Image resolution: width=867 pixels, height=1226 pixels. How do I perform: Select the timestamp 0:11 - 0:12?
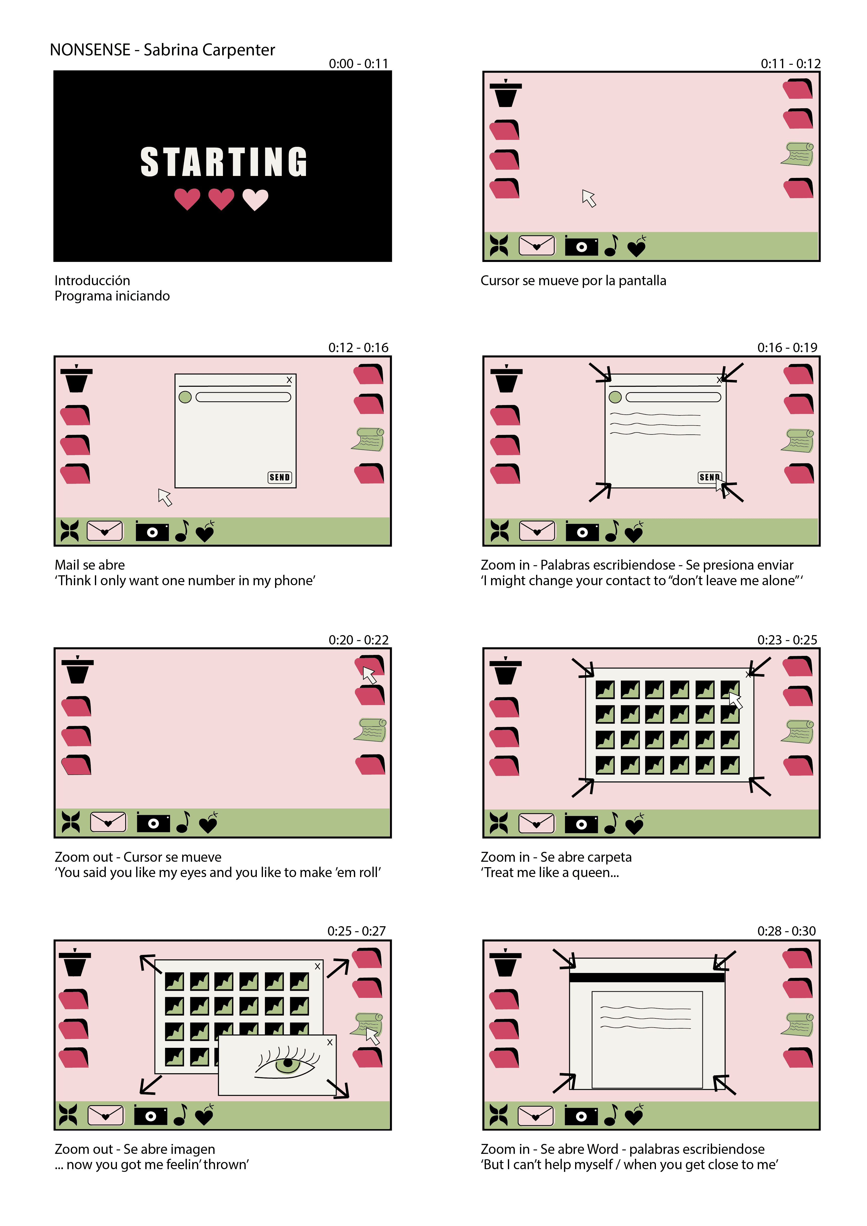coord(791,64)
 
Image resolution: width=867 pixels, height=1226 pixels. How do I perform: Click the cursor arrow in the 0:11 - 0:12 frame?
coord(589,198)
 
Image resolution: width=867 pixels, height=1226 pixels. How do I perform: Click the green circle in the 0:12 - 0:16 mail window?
coord(185,397)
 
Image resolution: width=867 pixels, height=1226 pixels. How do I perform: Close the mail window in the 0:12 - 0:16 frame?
coord(289,380)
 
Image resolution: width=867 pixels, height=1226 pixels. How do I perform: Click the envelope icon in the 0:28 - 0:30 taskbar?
coord(536,1116)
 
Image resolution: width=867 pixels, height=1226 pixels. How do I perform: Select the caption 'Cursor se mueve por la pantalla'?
coord(573,281)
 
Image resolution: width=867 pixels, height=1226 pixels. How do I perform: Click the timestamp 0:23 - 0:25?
coord(787,640)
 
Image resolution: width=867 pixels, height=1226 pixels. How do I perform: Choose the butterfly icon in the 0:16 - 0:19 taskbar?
coord(500,531)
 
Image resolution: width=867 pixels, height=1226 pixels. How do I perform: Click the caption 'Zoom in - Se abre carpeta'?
coord(556,857)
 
